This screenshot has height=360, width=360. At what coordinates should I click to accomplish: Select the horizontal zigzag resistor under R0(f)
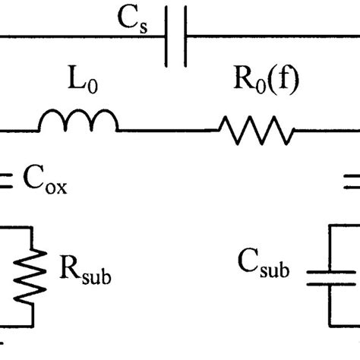(x=255, y=130)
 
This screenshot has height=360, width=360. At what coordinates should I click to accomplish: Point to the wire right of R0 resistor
(x=327, y=130)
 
